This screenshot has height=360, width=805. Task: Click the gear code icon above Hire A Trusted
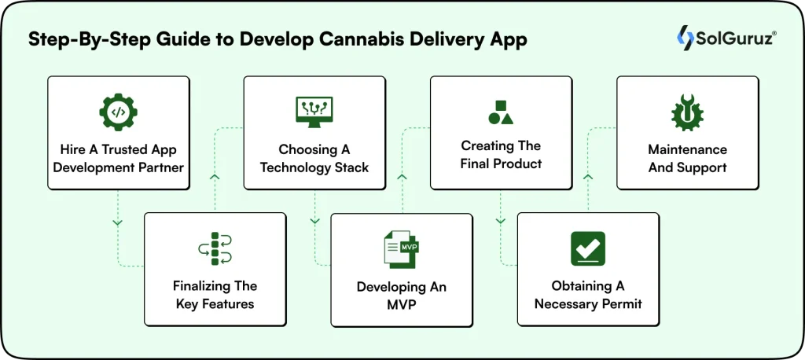coord(118,112)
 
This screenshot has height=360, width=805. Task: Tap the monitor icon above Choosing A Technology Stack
coord(314,112)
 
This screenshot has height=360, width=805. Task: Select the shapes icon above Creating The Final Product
coord(501,112)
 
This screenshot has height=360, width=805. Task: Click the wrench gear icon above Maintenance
coord(687,112)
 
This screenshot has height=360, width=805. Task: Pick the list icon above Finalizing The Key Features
coord(215,249)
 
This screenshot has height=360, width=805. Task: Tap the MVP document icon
coord(401,250)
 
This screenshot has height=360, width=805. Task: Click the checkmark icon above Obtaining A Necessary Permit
coord(587,249)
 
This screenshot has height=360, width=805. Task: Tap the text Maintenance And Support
coord(687,158)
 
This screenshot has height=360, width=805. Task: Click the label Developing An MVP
coord(401,296)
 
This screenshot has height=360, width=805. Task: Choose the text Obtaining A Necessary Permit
coord(587,296)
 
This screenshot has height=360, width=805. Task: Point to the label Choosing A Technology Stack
coord(314,158)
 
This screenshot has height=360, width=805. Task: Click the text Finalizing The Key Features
coord(215,295)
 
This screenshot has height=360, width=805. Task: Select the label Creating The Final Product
coord(501,155)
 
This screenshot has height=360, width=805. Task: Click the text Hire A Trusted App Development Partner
coord(118,158)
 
